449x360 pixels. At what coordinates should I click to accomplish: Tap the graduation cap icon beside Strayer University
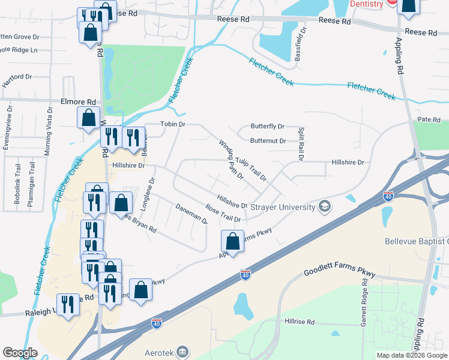coord(325,207)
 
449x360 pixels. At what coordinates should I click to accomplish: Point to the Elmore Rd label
coord(78,102)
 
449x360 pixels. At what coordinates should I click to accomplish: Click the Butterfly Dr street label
coord(267,127)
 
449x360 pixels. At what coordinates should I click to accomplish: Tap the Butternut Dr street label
coord(267,141)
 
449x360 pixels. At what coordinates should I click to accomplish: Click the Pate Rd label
coord(429,120)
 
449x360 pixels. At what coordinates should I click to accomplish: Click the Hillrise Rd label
coord(300,322)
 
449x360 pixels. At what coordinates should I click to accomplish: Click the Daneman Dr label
coord(191,214)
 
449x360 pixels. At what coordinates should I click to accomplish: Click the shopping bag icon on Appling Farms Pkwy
coord(232,241)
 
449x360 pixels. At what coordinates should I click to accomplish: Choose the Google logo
coord(20,353)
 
